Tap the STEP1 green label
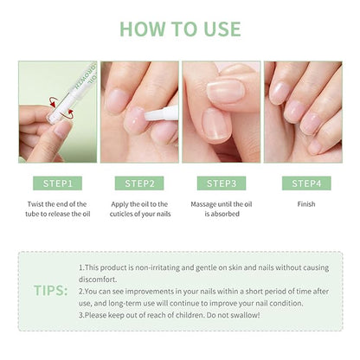57,183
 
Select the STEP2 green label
139,183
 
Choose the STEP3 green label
222,183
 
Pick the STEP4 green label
306,183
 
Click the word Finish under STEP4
306,204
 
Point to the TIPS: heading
51,290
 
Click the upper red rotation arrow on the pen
53,102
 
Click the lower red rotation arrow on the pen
70,114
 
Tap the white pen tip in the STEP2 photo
148,116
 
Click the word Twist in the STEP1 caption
35,204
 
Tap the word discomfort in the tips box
98,280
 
